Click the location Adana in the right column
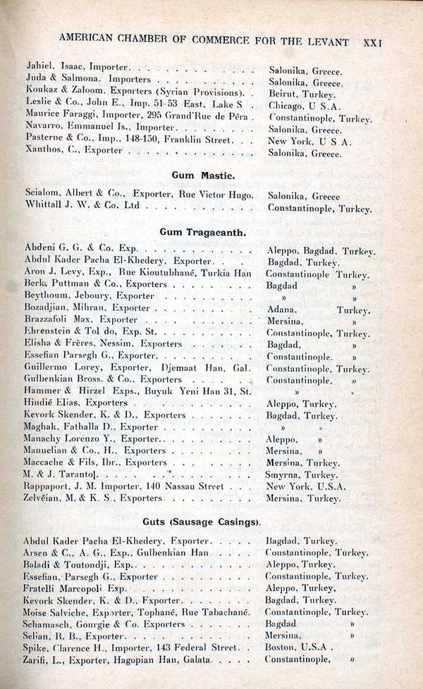point(283,309)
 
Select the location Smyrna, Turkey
point(303,475)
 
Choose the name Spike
point(37,647)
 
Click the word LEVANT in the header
point(329,42)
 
